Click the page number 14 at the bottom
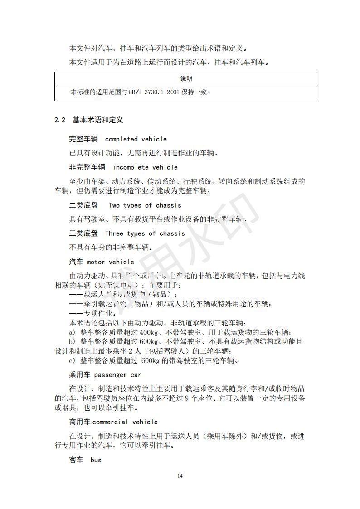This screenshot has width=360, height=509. (x=180, y=475)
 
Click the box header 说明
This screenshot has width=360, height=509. (x=186, y=78)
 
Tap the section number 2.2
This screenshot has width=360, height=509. (x=60, y=120)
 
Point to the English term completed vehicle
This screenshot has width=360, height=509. (x=136, y=139)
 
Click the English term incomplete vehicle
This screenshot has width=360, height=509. (x=146, y=167)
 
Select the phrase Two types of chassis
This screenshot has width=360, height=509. (x=145, y=205)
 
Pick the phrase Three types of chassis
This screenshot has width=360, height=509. (x=145, y=233)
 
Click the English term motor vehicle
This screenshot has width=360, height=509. (x=111, y=262)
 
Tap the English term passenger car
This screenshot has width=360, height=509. (x=117, y=375)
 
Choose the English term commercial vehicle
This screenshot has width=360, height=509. (x=125, y=422)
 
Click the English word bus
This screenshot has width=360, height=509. (x=96, y=460)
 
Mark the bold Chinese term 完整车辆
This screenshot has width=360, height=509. (x=83, y=139)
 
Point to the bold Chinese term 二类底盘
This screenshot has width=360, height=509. (x=83, y=205)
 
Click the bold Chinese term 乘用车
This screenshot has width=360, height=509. (x=80, y=375)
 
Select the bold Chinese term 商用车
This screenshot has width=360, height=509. (x=80, y=422)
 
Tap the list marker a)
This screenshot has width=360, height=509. (x=72, y=332)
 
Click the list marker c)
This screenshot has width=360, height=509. (x=72, y=361)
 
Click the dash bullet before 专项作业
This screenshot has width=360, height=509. (x=76, y=313)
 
